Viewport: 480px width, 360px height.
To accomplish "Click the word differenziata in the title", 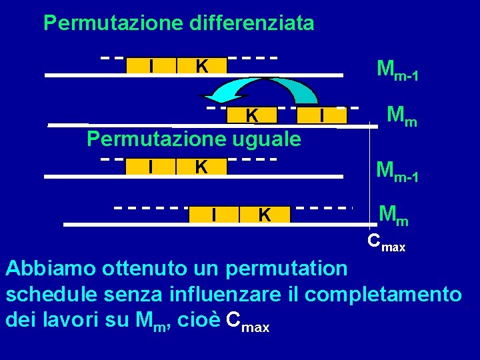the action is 252,23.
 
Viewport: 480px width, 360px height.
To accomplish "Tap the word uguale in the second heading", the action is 270,139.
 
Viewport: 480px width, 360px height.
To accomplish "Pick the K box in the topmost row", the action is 201,66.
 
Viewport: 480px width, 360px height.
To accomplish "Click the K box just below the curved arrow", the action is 251,116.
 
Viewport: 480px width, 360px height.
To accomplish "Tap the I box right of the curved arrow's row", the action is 323,116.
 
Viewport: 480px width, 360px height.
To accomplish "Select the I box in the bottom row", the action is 213,215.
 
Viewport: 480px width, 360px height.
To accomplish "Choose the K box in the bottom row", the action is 265,215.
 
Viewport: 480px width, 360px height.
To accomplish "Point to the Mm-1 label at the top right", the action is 397,69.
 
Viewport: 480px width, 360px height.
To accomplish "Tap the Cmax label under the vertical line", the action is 387,243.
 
